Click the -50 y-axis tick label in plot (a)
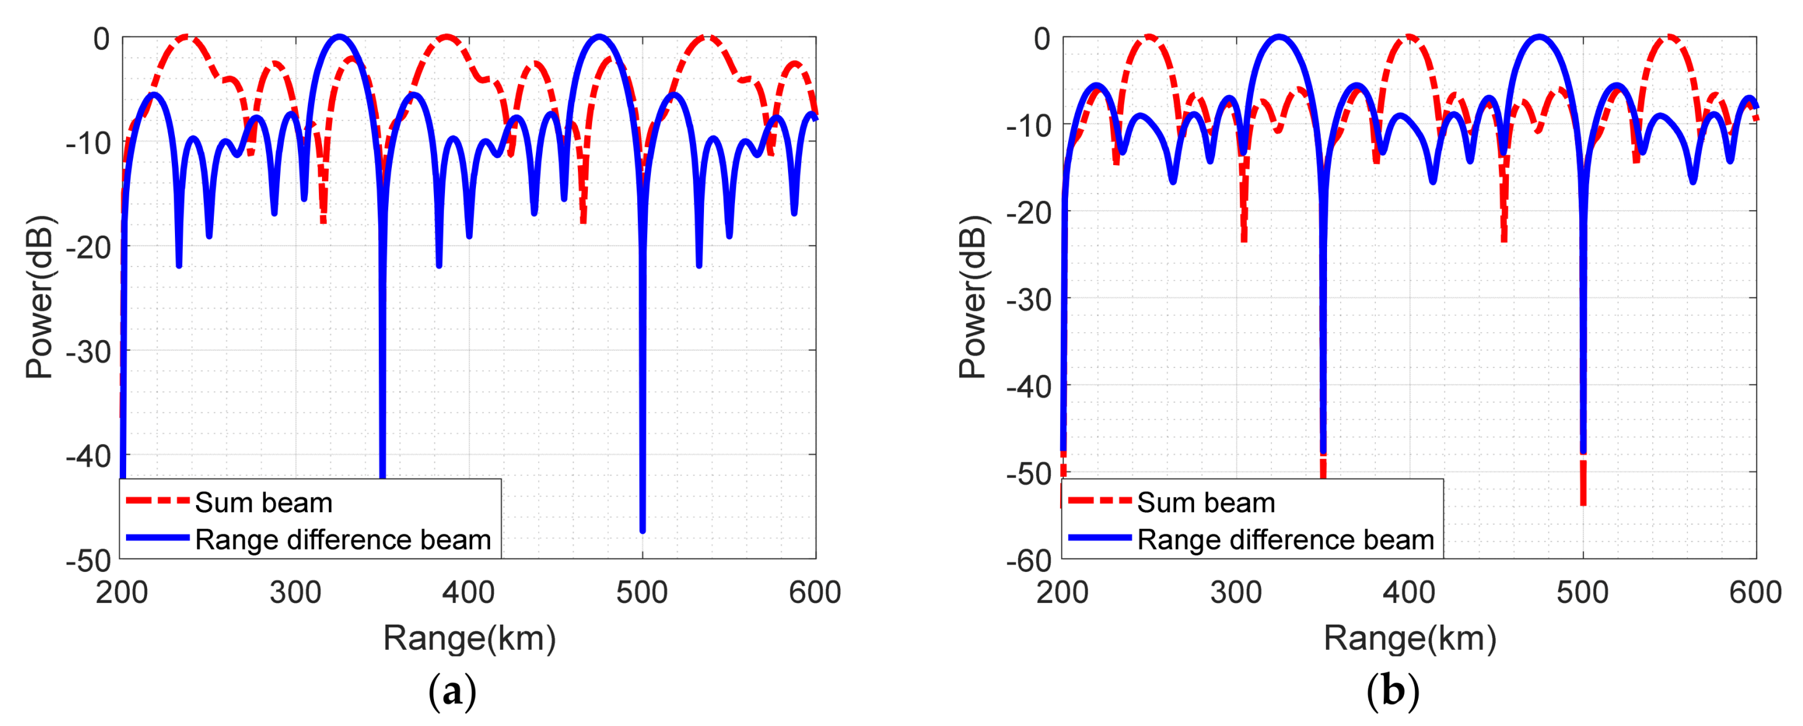click(x=88, y=561)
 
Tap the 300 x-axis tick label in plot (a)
click(x=295, y=593)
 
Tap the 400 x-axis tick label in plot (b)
click(x=1409, y=593)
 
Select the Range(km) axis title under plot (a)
click(x=469, y=638)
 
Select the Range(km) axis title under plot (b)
click(x=1409, y=638)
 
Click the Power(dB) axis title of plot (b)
click(x=972, y=297)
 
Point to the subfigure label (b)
click(x=1392, y=692)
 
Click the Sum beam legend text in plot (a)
click(x=263, y=503)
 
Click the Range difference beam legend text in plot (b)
click(x=1285, y=540)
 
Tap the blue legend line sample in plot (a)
click(x=158, y=537)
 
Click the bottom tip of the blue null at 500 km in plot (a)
click(x=643, y=530)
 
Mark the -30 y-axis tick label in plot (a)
click(x=88, y=351)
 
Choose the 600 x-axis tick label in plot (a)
click(x=814, y=593)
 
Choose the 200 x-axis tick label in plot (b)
click(x=1062, y=593)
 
